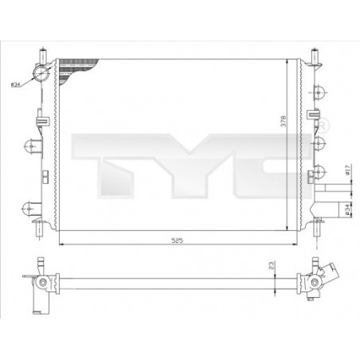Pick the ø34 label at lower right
point(346,208)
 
